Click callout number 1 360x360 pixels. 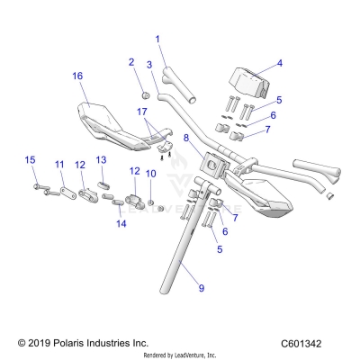pyautogui.click(x=157, y=39)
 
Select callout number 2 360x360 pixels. pyautogui.click(x=131, y=62)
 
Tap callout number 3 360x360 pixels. pyautogui.click(x=150, y=65)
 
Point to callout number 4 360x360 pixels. pyautogui.click(x=279, y=63)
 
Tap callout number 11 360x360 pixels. pyautogui.click(x=59, y=165)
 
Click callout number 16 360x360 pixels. pyautogui.click(x=77, y=76)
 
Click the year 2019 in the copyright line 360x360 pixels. pyautogui.click(x=39, y=343)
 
